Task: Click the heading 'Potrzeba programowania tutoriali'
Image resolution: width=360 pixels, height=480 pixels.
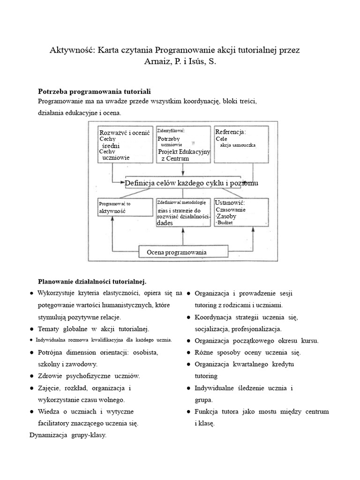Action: (x=94, y=90)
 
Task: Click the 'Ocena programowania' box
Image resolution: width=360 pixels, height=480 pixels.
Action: (x=176, y=253)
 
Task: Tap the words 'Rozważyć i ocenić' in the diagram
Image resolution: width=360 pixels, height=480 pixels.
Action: (x=124, y=133)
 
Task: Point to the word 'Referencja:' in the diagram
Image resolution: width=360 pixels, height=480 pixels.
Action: (x=231, y=132)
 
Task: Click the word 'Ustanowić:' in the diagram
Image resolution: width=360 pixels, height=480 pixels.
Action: (x=230, y=202)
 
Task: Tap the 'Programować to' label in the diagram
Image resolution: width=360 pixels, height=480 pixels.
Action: (x=114, y=204)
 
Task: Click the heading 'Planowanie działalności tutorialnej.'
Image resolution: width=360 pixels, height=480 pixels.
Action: (x=92, y=281)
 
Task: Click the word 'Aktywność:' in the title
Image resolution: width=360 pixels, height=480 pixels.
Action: (x=72, y=50)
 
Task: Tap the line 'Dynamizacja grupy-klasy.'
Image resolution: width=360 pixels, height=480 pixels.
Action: (x=68, y=435)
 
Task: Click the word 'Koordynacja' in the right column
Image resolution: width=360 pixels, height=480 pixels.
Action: (x=215, y=317)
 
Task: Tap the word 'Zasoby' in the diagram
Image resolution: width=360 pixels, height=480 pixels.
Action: (x=226, y=217)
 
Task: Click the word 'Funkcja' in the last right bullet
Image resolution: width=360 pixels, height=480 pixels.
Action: (x=207, y=412)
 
